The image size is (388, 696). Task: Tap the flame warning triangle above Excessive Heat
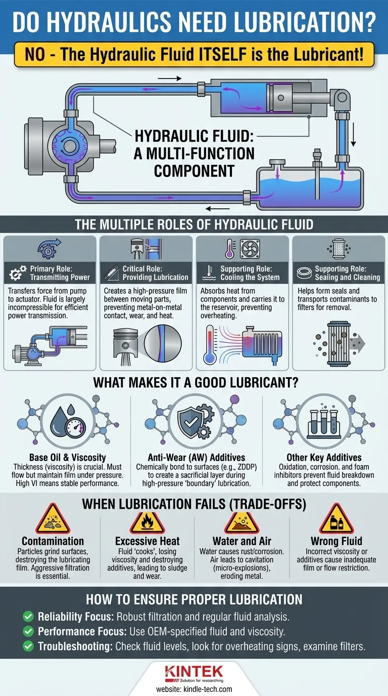[147, 523]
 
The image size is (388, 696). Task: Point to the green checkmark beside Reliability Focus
[28, 617]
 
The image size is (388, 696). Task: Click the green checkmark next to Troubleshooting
[28, 646]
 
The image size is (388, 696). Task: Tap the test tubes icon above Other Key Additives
[324, 422]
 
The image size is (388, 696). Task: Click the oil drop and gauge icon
[68, 421]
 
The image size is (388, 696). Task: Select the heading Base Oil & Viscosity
[68, 457]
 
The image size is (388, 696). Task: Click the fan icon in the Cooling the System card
[250, 249]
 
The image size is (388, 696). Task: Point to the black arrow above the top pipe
[169, 78]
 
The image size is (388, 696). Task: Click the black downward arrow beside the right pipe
[353, 134]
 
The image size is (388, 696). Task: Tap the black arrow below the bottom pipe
[218, 208]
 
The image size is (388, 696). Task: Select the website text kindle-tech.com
[208, 689]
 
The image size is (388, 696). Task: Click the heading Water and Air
[242, 541]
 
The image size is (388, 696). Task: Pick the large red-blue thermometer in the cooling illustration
[210, 345]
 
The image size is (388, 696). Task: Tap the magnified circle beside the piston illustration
[163, 343]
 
